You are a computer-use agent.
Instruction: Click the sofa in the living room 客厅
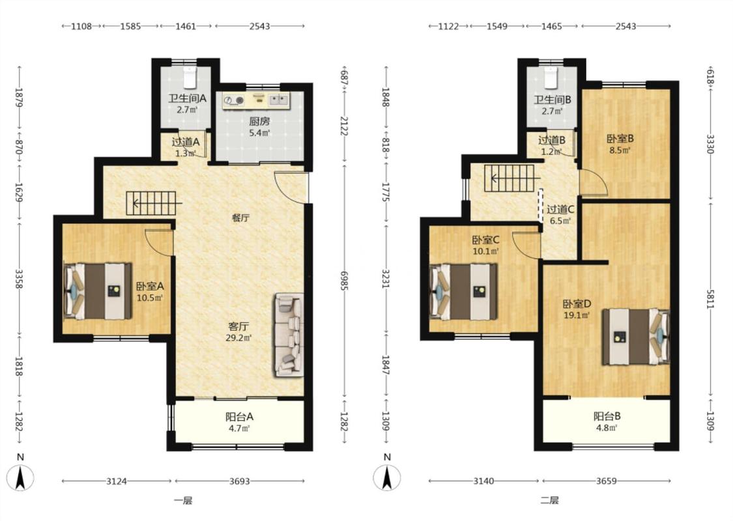(289, 335)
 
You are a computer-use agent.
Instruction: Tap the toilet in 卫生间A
(189, 78)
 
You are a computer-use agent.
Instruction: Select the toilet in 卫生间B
(551, 78)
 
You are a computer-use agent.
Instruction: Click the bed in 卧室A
(97, 291)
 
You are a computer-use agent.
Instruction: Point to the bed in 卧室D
(635, 337)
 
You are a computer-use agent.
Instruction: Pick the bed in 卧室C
(463, 292)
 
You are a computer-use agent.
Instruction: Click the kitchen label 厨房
(259, 122)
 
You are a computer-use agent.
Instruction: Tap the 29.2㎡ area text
(238, 338)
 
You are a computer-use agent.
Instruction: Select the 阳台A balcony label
(239, 416)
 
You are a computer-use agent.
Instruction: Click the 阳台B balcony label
(607, 416)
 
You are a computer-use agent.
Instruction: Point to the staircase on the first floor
(151, 203)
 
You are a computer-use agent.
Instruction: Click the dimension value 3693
(240, 481)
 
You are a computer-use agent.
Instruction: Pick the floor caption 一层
(183, 500)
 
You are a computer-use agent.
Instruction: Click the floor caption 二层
(550, 500)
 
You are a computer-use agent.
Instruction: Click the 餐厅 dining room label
(240, 218)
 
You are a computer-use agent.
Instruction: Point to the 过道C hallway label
(560, 209)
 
